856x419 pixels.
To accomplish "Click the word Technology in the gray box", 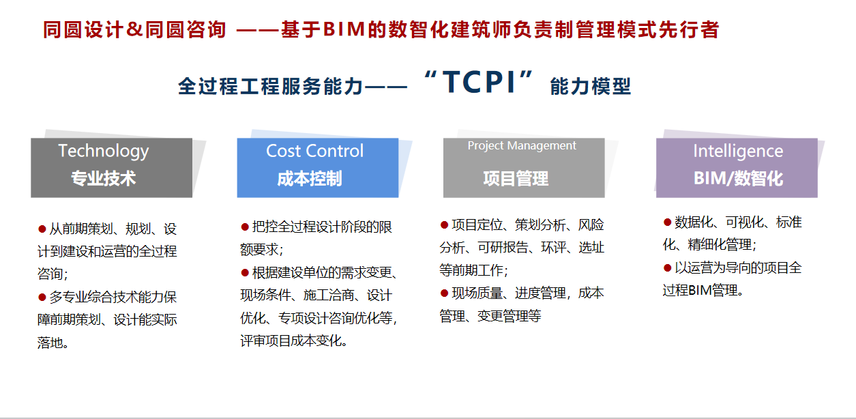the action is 103,151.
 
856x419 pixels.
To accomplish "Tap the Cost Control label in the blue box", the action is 314,151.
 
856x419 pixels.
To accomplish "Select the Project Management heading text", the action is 522,145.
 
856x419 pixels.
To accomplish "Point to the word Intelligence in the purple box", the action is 738,151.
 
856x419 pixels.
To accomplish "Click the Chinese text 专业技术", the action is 103,179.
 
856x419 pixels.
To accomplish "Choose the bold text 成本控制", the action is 309,179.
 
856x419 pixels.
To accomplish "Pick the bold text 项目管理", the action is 516,179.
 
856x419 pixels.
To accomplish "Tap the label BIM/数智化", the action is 738,179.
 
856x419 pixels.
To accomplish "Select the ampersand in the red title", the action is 134,29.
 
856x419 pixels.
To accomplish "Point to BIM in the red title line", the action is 344,29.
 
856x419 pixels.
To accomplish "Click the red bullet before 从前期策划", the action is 42,229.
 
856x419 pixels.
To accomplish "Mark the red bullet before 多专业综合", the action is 42,297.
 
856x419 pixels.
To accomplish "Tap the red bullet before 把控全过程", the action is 245,227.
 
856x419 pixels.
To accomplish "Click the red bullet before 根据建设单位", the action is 245,272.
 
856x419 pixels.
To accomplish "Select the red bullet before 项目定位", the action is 444,225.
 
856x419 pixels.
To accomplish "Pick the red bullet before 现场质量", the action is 444,293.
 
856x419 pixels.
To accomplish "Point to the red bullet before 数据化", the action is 667,222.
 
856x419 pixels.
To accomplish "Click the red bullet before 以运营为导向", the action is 667,268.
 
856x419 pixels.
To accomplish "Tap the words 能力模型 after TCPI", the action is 591,86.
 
